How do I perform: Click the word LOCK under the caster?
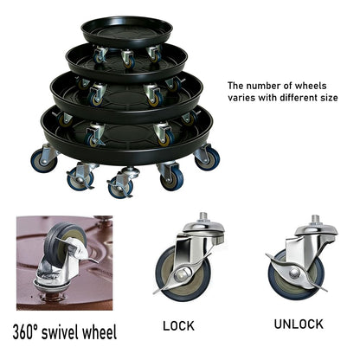pyautogui.click(x=178, y=325)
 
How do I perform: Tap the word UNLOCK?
pyautogui.click(x=299, y=324)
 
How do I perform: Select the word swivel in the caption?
pyautogui.click(x=60, y=332)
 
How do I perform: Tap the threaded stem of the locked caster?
pyautogui.click(x=202, y=216)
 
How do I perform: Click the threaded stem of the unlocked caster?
pyautogui.click(x=316, y=220)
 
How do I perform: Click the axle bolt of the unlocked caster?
pyautogui.click(x=294, y=273)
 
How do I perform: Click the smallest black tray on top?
pyautogui.click(x=126, y=31)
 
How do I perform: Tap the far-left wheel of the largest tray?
pyautogui.click(x=44, y=160)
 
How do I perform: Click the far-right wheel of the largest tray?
pyautogui.click(x=209, y=157)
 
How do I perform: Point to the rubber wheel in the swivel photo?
pyautogui.click(x=59, y=245)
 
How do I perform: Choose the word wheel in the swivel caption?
pyautogui.click(x=100, y=332)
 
